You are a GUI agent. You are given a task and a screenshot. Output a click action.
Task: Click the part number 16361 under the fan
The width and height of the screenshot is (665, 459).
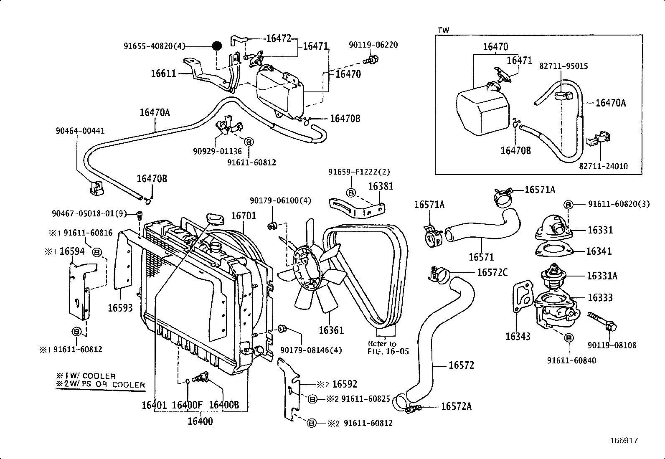(x=331, y=330)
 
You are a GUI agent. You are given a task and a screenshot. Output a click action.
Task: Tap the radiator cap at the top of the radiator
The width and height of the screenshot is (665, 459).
(x=215, y=219)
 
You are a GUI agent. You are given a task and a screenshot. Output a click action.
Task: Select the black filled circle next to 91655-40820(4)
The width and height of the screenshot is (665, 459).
(x=216, y=46)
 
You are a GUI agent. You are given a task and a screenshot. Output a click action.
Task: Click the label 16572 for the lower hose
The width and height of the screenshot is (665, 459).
(x=461, y=365)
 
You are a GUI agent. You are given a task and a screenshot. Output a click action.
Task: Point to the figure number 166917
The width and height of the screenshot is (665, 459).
(x=624, y=440)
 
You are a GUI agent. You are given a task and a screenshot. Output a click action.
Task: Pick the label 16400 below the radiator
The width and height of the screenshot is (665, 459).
(x=200, y=421)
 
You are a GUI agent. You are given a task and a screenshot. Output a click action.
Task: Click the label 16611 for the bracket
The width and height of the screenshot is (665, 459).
(x=164, y=74)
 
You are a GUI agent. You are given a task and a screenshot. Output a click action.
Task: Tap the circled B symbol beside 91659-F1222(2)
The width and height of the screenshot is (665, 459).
(x=351, y=193)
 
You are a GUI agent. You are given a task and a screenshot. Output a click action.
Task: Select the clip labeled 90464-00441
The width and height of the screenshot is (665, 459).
(x=96, y=188)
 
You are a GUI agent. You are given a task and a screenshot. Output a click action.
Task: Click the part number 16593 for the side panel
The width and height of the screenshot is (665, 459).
(x=120, y=308)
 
